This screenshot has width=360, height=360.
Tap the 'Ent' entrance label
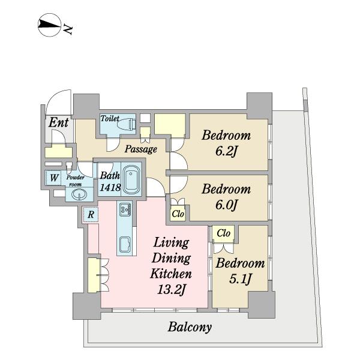[x=59, y=122]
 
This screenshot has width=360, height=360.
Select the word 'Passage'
[x=141, y=149]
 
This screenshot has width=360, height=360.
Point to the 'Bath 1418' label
[x=110, y=181]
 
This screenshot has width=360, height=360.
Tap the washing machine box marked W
[x=53, y=178]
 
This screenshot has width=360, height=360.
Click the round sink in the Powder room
[x=79, y=194]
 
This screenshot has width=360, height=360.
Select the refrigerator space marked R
[x=91, y=215]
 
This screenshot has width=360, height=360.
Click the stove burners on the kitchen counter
[x=125, y=209]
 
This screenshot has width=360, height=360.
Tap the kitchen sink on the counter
[x=125, y=245]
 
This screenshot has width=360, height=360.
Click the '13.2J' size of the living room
[x=171, y=290]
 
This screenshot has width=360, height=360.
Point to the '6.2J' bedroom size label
[x=226, y=152]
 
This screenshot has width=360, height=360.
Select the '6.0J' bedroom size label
[x=226, y=205]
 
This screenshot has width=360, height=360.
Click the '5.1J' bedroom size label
[x=241, y=279]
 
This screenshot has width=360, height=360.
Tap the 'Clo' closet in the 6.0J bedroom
[x=178, y=214]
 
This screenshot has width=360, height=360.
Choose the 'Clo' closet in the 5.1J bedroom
[x=223, y=233]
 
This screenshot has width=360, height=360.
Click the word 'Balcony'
[x=190, y=327]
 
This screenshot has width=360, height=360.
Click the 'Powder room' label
[x=76, y=181]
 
